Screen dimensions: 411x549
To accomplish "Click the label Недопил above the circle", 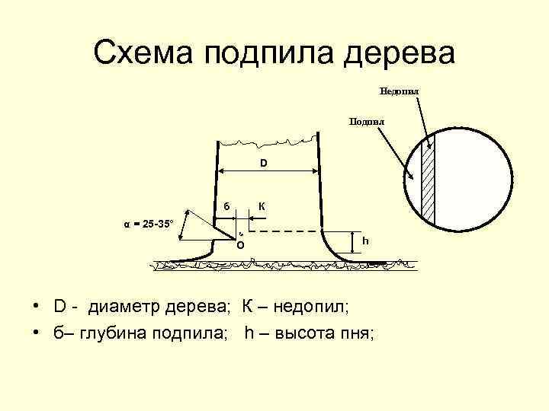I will [400, 91].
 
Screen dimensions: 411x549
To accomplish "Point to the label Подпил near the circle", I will [366, 121].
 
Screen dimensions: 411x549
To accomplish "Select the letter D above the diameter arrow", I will [263, 163].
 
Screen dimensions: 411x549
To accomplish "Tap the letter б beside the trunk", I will [226, 205].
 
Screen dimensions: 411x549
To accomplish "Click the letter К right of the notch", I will [262, 205].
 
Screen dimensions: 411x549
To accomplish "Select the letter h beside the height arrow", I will [365, 241].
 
